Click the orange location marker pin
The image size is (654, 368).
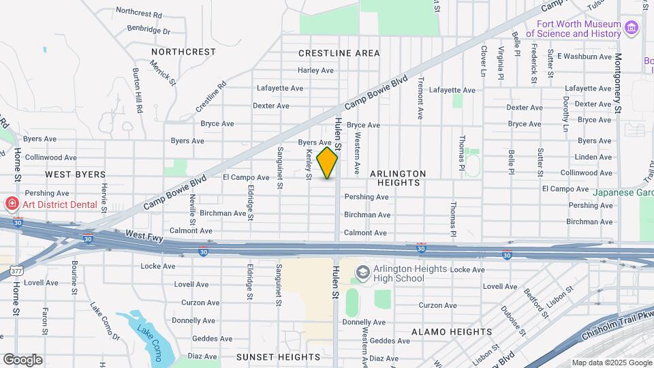(327, 163)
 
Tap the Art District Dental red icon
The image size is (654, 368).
(11, 204)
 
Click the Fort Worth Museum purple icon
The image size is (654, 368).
(632, 28)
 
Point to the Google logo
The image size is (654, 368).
(22, 359)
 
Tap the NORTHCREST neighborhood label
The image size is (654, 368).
(183, 52)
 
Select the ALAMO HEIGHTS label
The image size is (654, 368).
(452, 332)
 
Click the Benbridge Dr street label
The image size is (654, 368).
(149, 31)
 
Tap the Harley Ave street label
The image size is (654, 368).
(315, 70)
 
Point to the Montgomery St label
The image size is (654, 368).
(618, 85)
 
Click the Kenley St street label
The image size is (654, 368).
(309, 164)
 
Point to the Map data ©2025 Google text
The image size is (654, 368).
(611, 363)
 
